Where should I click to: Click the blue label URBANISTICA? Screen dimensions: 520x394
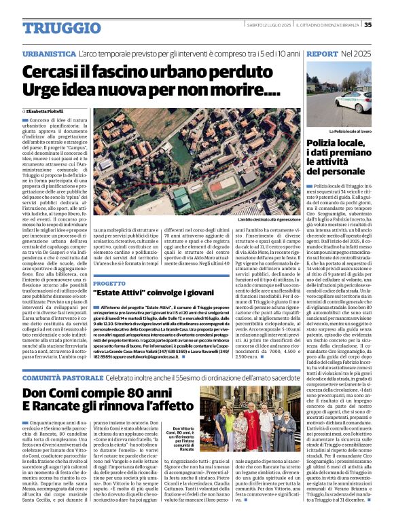(49, 53)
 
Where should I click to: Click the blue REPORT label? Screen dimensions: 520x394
(321, 53)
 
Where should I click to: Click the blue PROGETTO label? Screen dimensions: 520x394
(110, 283)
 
